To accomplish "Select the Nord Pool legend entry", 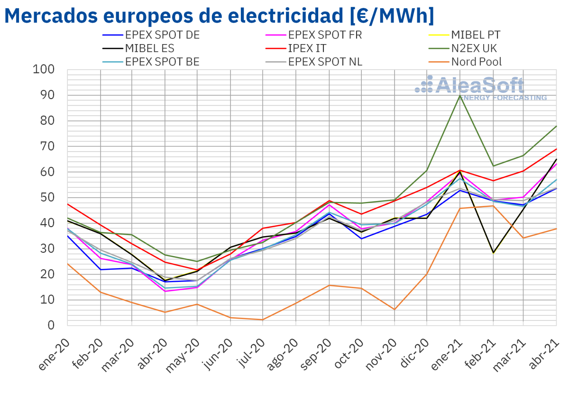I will coord(476,62).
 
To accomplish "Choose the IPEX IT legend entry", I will coord(307,48).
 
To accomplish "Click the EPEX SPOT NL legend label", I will coord(325,62).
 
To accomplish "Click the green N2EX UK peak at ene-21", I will coord(460,96).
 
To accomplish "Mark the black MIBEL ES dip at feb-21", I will coord(493,253).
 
